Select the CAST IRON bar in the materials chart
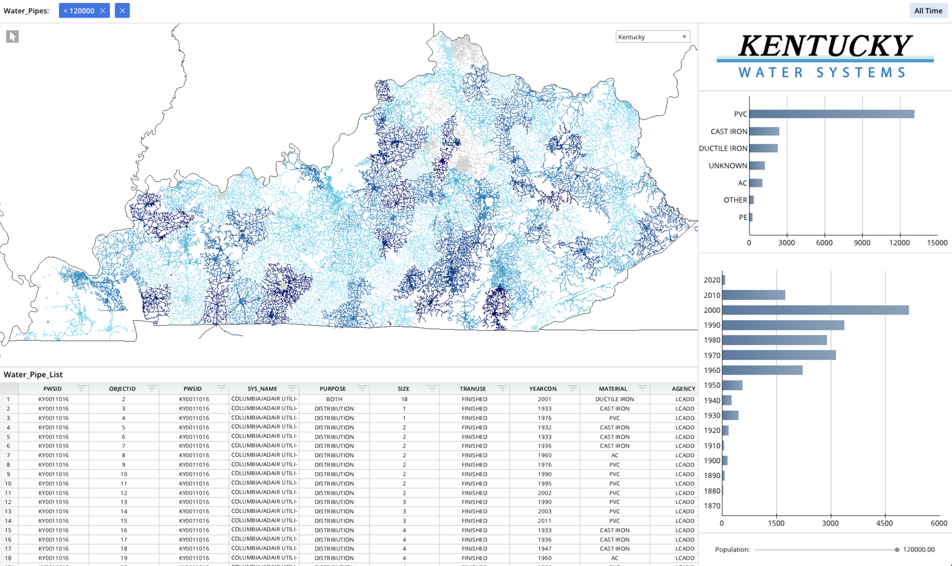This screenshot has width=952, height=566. [x=764, y=132]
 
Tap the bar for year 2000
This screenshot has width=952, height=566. [x=815, y=310]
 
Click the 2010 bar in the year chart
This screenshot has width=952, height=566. [x=754, y=295]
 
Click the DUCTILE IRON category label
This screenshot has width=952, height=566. [x=723, y=148]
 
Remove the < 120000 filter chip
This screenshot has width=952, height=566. [x=103, y=11]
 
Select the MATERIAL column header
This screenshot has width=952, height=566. [x=613, y=389]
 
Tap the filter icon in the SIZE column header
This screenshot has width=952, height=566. [x=432, y=388]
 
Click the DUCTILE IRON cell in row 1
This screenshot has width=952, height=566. [x=614, y=399]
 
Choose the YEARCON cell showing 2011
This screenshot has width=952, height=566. [x=545, y=521]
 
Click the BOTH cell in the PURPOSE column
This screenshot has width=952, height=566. [x=334, y=399]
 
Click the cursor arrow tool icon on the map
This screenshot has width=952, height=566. [x=12, y=36]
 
